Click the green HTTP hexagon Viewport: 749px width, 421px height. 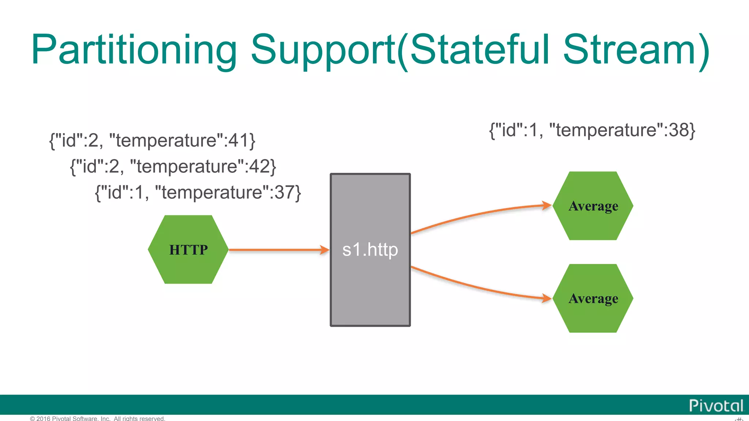(188, 250)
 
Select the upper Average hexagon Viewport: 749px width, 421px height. (593, 206)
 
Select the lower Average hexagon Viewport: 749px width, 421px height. (593, 299)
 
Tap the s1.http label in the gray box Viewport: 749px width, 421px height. (370, 250)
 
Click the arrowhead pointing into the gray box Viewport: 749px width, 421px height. (324, 250)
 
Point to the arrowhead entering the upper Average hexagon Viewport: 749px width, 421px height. (546, 205)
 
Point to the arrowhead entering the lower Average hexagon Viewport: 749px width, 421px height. (546, 298)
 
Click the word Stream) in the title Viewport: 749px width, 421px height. (636, 50)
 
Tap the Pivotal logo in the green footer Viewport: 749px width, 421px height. (716, 406)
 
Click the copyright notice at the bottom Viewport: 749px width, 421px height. (98, 418)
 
